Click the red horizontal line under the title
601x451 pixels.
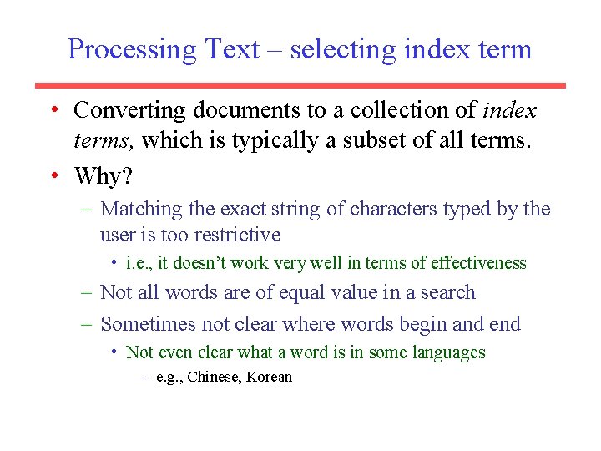tap(300, 85)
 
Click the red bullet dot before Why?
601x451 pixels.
tap(53, 176)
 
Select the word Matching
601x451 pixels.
tap(140, 209)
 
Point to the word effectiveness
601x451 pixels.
tap(478, 264)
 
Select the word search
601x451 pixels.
tap(449, 293)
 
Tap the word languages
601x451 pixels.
tap(448, 352)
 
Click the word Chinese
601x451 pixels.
tap(213, 377)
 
